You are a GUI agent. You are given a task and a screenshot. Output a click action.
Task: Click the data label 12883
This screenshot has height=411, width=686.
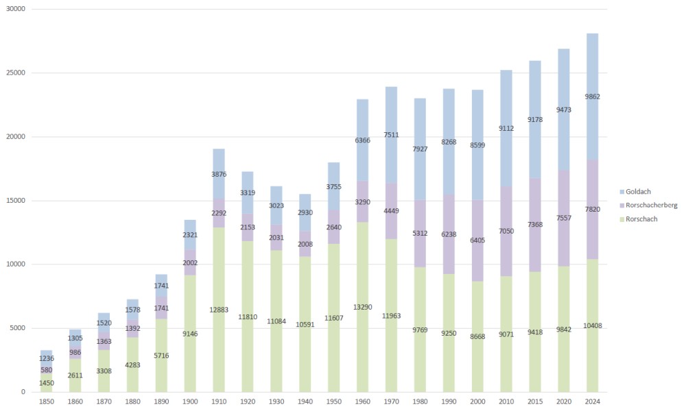pos(220,310)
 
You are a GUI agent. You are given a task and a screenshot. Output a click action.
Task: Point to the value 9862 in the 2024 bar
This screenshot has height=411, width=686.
pos(592,97)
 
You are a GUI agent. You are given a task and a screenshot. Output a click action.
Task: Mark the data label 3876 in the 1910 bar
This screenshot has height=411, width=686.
pos(220,175)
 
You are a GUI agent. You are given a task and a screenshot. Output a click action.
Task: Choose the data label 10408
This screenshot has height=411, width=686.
pos(592,325)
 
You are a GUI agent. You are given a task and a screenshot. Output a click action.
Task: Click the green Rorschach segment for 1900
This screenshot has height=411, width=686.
pos(189,356)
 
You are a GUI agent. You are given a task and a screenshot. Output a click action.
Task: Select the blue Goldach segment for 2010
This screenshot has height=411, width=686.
pos(506,110)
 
